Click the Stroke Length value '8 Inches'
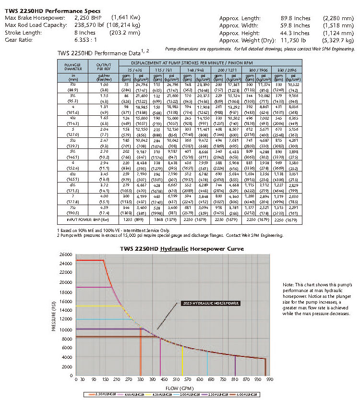[x=86, y=33]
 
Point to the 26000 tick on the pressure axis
[x=64, y=254]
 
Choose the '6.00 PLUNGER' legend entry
[x=246, y=394]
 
